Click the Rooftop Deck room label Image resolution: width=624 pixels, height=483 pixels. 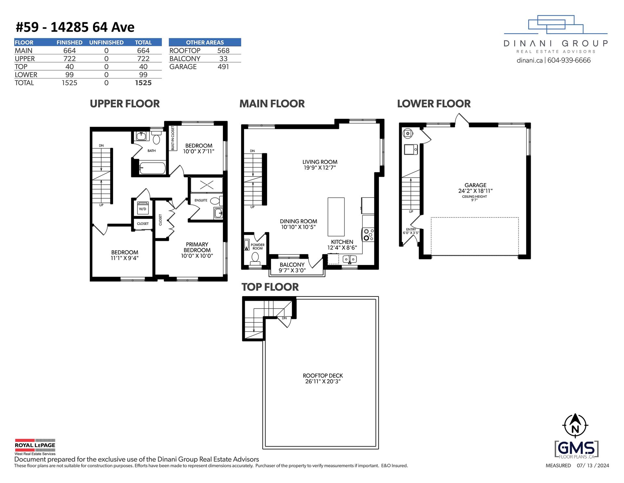click(323, 376)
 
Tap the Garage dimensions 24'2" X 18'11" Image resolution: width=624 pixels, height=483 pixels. click(475, 191)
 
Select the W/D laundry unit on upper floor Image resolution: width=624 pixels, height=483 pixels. click(143, 208)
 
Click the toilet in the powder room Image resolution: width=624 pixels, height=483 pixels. click(255, 258)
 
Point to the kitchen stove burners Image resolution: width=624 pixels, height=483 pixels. click(369, 235)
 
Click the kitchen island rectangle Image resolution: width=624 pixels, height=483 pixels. click(336, 216)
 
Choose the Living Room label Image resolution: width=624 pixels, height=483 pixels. click(320, 162)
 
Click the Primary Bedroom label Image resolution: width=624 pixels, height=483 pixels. click(197, 247)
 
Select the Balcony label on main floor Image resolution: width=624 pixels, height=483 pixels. click(292, 265)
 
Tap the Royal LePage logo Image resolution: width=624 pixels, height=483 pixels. click(35, 447)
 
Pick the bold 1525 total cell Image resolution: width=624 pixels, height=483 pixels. click(143, 83)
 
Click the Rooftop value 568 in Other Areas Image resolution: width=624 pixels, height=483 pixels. click(223, 50)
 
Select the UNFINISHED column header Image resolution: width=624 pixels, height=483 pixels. click(106, 42)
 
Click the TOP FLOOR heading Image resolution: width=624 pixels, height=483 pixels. click(270, 287)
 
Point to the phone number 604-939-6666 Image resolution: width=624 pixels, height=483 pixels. click(569, 60)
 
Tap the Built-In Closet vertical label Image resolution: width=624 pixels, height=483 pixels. click(173, 138)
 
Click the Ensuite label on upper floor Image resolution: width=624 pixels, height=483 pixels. click(201, 200)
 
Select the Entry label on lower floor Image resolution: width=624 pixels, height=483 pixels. click(411, 229)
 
